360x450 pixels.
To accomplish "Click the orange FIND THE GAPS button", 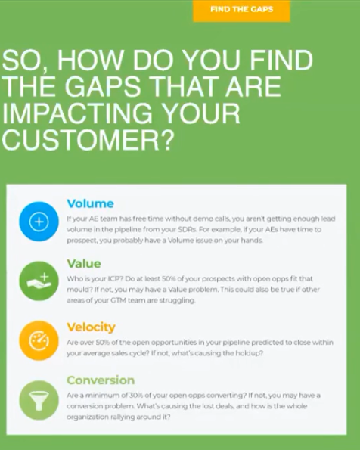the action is (x=241, y=11).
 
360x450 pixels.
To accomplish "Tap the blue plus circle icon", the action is (x=39, y=222).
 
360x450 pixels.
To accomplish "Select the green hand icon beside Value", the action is (x=39, y=281).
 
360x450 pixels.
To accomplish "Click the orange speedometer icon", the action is (x=39, y=340).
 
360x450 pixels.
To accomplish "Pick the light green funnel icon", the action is (x=39, y=400).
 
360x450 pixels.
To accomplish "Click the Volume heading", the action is (x=91, y=203).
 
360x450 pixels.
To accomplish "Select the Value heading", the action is (x=84, y=264).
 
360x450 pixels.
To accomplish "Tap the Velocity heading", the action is (x=91, y=327).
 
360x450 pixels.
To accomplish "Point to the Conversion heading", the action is (x=101, y=380).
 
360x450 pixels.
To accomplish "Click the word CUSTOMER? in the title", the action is (x=88, y=140).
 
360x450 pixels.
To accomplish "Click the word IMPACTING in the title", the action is (x=77, y=113).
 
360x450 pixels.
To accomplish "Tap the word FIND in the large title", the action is (x=281, y=60).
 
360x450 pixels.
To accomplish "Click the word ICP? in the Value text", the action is (x=115, y=279).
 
